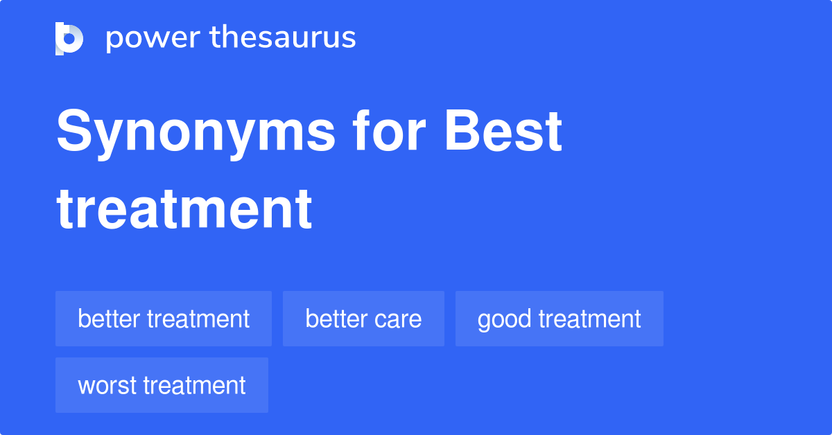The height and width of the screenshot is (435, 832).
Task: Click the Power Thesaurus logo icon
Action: click(69, 38)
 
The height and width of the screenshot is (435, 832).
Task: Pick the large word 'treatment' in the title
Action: click(184, 208)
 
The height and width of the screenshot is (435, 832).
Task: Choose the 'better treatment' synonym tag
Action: click(164, 319)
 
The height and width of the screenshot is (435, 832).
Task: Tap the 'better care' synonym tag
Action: click(363, 319)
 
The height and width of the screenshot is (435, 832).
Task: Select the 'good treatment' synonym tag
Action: click(559, 319)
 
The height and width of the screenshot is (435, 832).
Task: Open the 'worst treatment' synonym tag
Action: click(162, 385)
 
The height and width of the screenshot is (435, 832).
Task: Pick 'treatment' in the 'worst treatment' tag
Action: click(195, 385)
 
